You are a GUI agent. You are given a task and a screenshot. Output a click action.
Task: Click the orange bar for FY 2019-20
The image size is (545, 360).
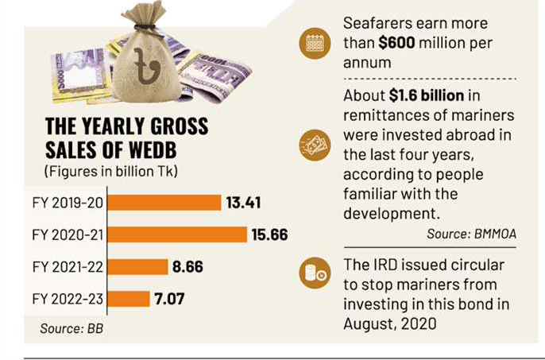click(164, 203)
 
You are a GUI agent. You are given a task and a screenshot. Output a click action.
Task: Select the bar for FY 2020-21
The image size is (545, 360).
click(176, 234)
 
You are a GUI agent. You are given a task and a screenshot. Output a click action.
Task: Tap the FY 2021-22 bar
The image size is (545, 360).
click(137, 267)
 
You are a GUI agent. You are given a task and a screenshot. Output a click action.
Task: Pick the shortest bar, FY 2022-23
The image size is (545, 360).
click(128, 299)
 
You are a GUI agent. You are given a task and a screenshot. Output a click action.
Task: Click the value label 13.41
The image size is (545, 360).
click(243, 203)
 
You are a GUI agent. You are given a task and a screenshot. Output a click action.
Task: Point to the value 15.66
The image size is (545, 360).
click(269, 234)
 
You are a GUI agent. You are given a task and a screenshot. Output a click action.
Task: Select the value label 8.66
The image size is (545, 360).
click(187, 267)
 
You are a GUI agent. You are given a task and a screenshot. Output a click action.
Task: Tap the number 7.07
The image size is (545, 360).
click(171, 299)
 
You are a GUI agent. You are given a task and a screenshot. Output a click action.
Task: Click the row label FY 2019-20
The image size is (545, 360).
click(66, 203)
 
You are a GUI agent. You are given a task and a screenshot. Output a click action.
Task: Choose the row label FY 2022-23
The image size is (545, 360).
click(66, 300)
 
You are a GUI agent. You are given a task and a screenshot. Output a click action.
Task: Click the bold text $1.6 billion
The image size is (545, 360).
click(430, 96)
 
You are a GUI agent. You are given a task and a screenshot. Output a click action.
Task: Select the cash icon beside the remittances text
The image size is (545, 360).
click(313, 146)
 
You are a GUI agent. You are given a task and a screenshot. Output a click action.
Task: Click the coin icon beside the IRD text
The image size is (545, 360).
click(313, 274)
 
